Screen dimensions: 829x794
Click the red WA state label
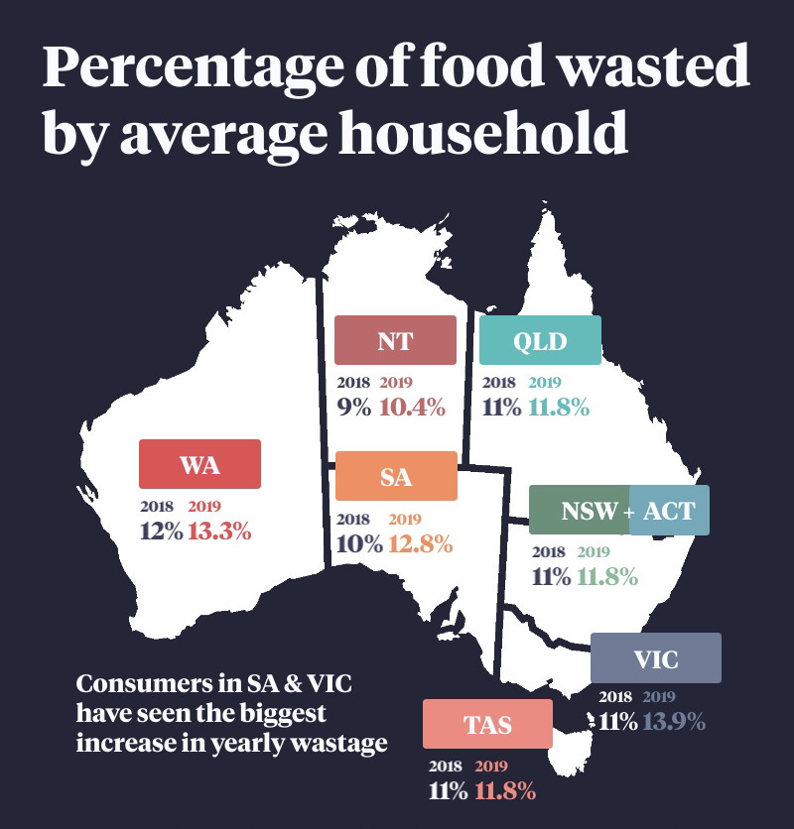tap(200, 464)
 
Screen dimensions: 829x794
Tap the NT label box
tap(395, 341)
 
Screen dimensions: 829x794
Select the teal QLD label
tap(540, 341)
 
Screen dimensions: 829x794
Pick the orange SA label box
tap(396, 476)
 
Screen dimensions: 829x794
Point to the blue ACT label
tap(670, 511)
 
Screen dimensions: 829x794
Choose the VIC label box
tap(655, 658)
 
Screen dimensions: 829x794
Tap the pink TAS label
tap(487, 724)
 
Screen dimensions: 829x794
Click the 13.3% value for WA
tap(219, 531)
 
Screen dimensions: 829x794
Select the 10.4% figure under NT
tap(413, 407)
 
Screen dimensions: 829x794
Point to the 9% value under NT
tap(353, 407)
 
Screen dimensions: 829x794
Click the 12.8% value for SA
tap(420, 543)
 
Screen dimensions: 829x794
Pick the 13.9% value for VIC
tap(673, 721)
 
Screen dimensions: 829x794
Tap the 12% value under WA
tap(161, 531)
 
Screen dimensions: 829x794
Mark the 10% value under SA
tap(358, 543)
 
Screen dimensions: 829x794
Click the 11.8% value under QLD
tap(559, 407)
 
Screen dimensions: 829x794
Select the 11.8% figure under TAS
tap(505, 791)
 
